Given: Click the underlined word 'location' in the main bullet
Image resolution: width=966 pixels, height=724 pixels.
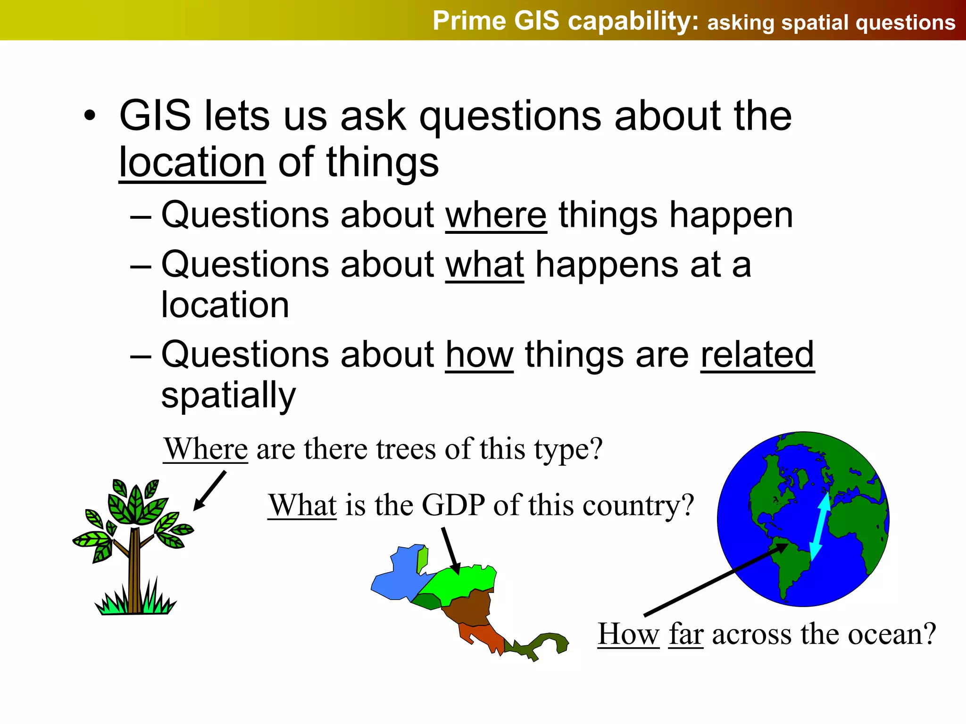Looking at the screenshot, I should point(192,163).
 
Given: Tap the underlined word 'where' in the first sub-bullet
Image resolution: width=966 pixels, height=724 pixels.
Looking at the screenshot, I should point(496,215).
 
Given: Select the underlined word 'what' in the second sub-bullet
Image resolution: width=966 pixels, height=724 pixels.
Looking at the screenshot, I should point(484,265).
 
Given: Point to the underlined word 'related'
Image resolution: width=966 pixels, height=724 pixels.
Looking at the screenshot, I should point(757,355).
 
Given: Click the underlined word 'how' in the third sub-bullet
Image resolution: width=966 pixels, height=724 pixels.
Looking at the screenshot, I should point(479,355).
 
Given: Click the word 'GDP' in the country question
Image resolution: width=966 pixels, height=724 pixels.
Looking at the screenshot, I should point(453,505).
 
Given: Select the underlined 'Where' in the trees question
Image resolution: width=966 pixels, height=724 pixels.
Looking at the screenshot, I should point(205,449).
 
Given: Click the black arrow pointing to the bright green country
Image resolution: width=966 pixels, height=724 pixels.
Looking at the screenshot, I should point(450,550).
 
